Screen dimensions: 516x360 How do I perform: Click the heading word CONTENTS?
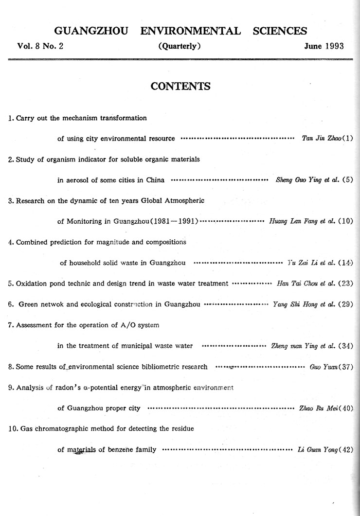pyautogui.click(x=180, y=87)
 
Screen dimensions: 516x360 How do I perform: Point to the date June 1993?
pyautogui.click(x=324, y=46)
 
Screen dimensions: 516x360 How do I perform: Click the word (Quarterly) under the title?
pyautogui.click(x=180, y=46)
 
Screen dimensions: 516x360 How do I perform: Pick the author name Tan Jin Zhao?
pyautogui.click(x=318, y=138)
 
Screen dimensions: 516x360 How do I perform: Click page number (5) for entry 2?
pyautogui.click(x=347, y=179)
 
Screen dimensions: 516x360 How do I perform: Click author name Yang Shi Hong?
pyautogui.click(x=292, y=304)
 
